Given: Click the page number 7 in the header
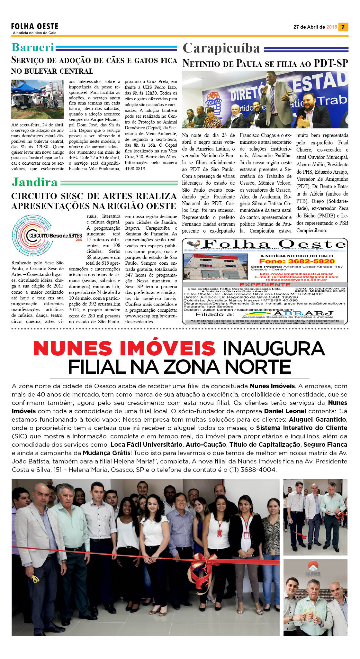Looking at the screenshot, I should (343, 27).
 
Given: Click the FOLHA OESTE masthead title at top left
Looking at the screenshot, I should (35, 26).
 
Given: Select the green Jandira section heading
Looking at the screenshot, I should (34, 182).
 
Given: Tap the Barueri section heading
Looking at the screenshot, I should (33, 47).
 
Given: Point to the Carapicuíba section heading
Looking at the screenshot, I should (221, 48).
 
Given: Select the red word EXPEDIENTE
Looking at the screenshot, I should (265, 285).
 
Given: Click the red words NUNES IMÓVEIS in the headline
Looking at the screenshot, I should (124, 349).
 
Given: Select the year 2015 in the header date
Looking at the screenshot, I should (331, 27).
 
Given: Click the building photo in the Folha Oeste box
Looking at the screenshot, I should (215, 267).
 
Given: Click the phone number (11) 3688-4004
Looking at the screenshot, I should (252, 470).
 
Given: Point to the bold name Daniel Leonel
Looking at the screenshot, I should (285, 411).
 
